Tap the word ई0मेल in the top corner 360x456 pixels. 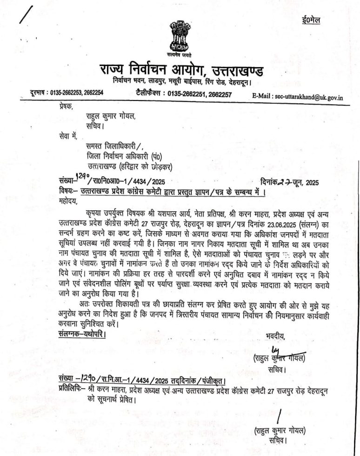point(310,20)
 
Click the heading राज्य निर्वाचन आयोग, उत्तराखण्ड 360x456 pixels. point(181,72)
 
